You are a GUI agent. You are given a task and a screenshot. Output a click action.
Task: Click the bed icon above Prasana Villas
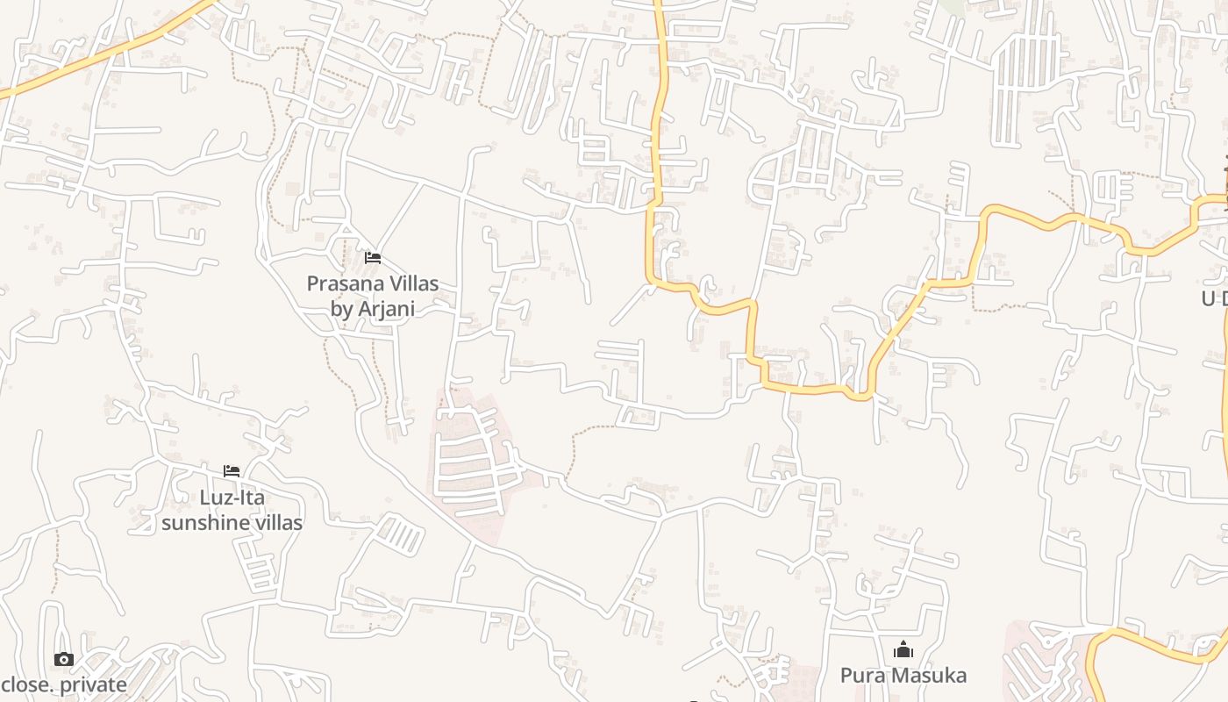(373, 258)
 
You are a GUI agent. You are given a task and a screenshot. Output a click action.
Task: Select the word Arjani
(387, 308)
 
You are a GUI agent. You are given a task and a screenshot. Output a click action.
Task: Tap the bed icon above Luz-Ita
(232, 471)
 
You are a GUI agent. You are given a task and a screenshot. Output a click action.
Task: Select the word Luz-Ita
(232, 498)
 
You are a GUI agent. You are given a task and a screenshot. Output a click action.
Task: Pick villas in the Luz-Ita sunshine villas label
(275, 523)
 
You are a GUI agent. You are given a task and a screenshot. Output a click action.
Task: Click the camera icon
(63, 659)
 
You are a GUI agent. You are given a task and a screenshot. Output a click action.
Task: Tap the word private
(89, 684)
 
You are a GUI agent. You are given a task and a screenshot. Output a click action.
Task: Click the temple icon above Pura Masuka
(903, 650)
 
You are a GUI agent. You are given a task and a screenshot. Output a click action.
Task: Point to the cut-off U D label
(1214, 298)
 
